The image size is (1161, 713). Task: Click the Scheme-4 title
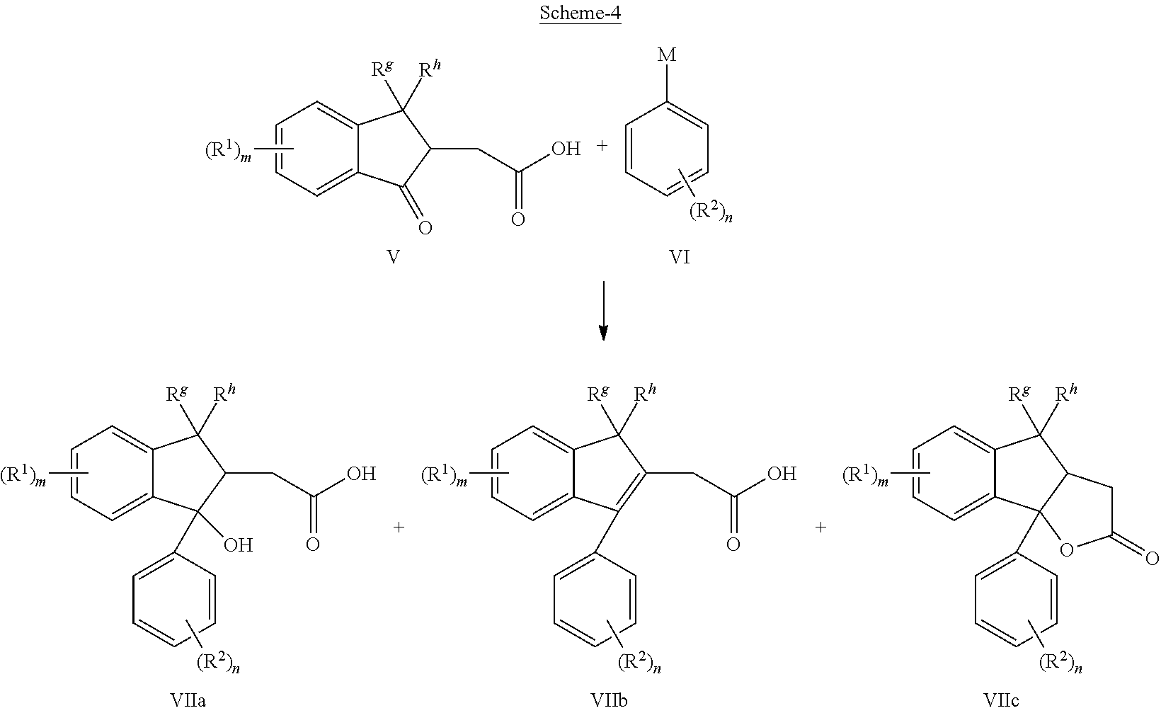[580, 13]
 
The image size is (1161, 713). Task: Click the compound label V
[394, 256]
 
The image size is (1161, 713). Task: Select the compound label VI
[680, 256]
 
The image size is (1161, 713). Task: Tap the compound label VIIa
[188, 700]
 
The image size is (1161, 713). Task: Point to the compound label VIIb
[609, 700]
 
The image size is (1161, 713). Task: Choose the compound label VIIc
[1001, 700]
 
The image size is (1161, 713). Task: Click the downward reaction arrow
[602, 311]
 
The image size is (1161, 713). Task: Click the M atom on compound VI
[667, 55]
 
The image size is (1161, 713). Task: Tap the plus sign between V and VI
[601, 147]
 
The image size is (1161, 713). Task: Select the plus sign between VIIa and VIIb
[399, 527]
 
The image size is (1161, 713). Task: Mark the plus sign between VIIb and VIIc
[820, 527]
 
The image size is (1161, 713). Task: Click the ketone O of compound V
[425, 228]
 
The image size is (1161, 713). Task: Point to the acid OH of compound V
[566, 149]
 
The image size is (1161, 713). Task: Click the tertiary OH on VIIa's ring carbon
[239, 545]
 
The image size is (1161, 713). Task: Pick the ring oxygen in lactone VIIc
[1067, 550]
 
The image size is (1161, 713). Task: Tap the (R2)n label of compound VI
[711, 212]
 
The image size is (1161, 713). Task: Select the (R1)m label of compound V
[229, 152]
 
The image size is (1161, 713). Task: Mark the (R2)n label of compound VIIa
[218, 663]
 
